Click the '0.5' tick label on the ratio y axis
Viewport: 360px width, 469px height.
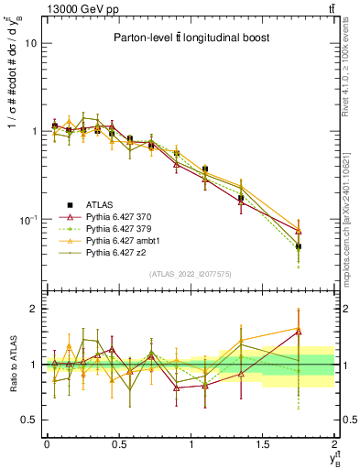28,420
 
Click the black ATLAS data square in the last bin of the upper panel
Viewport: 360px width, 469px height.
299,246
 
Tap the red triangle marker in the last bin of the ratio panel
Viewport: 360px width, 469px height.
299,332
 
